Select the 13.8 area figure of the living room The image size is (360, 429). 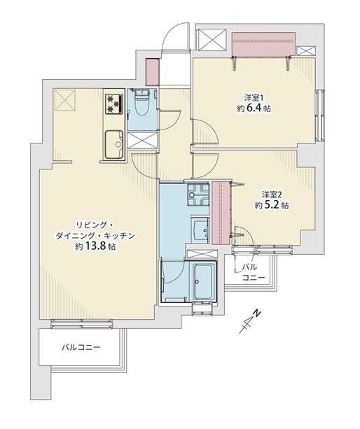(x=95, y=246)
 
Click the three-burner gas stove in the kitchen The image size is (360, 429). (x=114, y=104)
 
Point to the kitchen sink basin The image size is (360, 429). (x=114, y=144)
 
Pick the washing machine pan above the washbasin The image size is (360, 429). (x=198, y=195)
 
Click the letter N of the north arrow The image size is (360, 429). (x=256, y=314)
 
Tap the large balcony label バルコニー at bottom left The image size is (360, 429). (x=81, y=348)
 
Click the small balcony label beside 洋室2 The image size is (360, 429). (x=254, y=272)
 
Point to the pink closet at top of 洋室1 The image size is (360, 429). (x=263, y=44)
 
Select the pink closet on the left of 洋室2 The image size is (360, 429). (x=221, y=212)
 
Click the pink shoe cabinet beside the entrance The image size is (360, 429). (x=153, y=72)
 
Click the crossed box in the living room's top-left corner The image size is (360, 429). (x=65, y=101)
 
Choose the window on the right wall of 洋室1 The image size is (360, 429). (x=319, y=115)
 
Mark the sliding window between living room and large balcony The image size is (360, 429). (x=82, y=323)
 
